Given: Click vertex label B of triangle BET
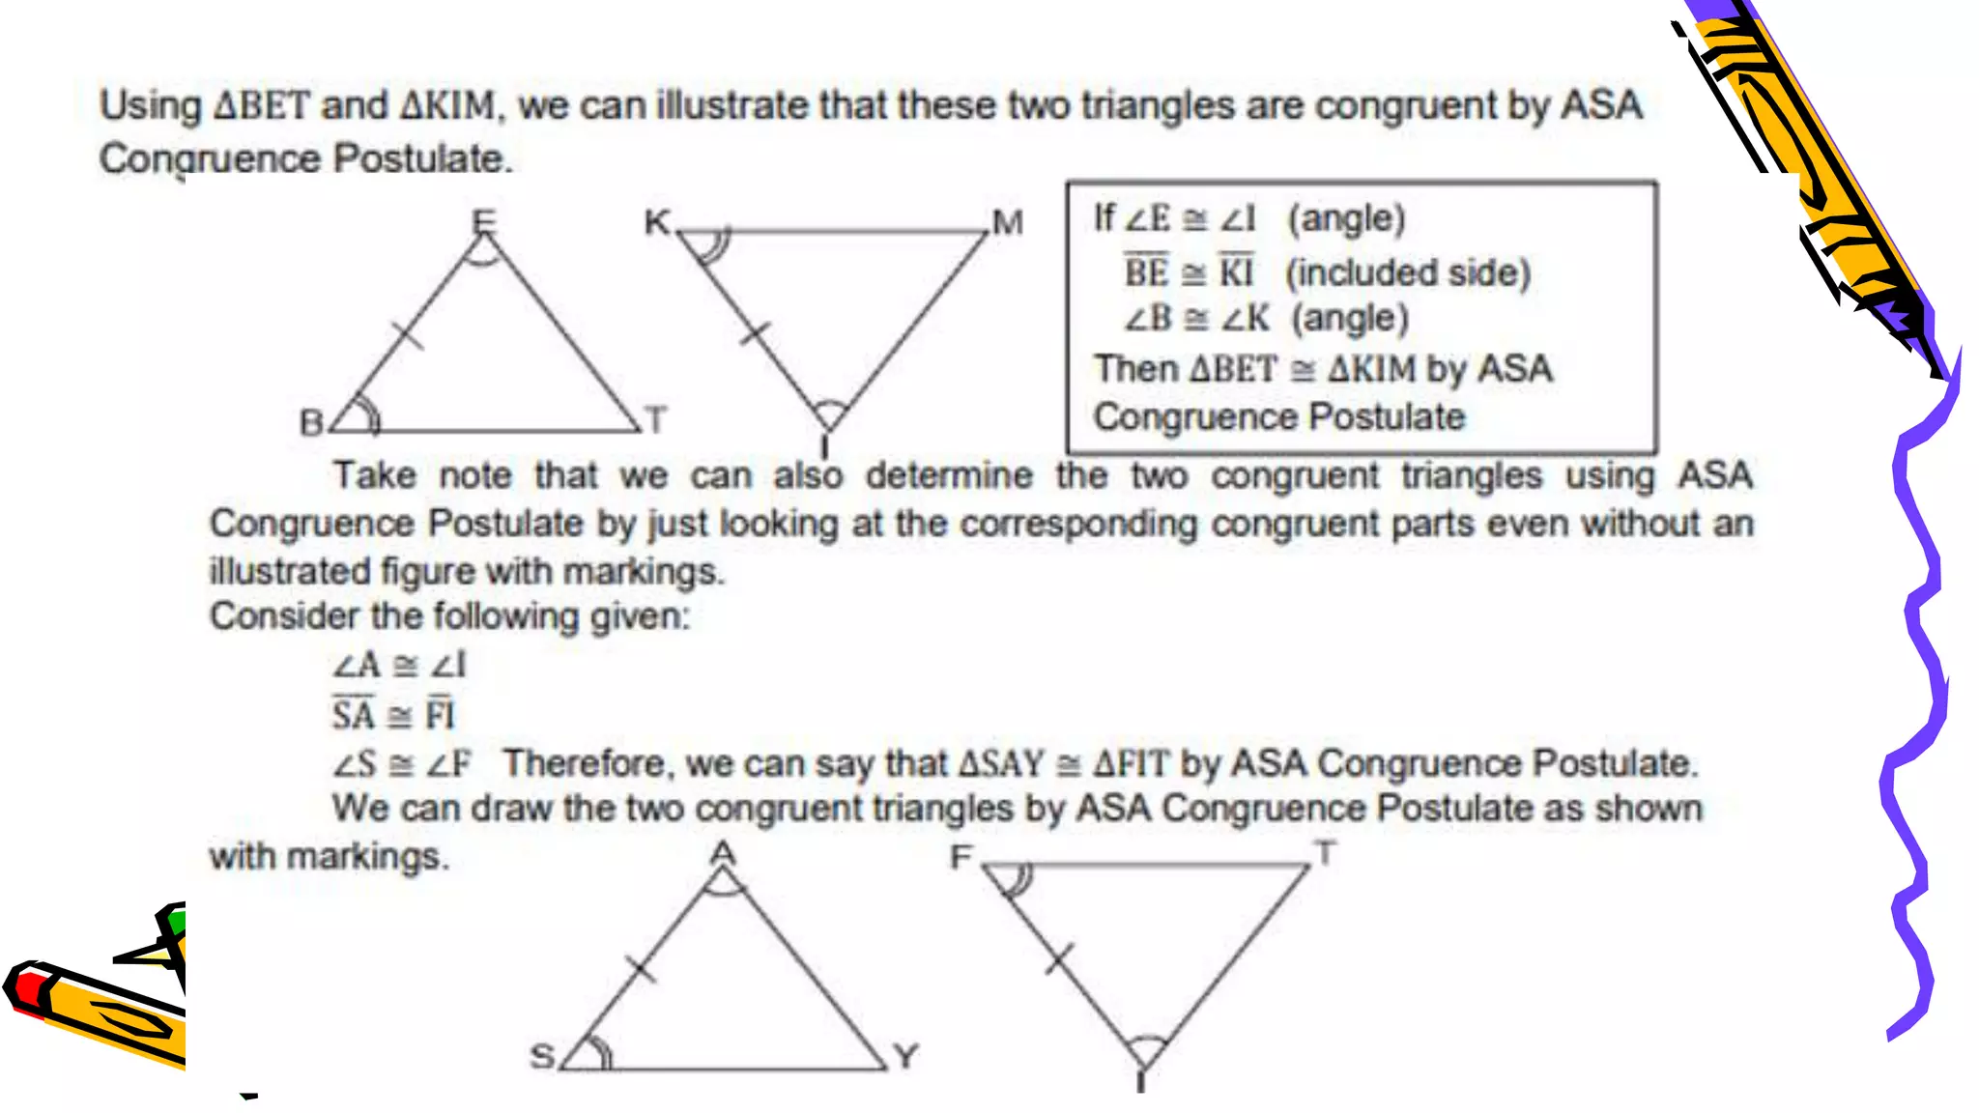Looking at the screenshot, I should [x=311, y=422].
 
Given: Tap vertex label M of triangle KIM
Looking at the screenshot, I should [x=1007, y=223].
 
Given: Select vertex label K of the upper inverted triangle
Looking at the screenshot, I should [x=657, y=222].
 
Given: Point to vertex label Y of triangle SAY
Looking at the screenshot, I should [x=905, y=1056].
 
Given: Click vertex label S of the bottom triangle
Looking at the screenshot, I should [x=543, y=1056].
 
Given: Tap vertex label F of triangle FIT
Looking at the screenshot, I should [x=961, y=857].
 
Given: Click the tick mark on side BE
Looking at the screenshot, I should [x=409, y=336].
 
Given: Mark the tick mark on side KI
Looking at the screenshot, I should [x=755, y=334].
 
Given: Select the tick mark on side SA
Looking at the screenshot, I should [x=640, y=967].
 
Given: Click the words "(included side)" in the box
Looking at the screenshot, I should [x=1408, y=272].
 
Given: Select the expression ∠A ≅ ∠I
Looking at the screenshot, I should [x=399, y=665].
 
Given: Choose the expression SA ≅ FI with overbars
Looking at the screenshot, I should [x=392, y=714].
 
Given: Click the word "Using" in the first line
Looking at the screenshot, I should [x=151, y=104].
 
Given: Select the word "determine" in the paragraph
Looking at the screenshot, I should [x=949, y=475].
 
